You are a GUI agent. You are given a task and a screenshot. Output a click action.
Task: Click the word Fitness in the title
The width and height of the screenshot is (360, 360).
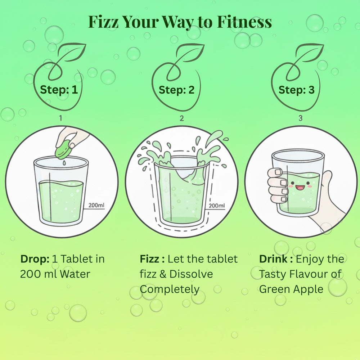(x=244, y=22)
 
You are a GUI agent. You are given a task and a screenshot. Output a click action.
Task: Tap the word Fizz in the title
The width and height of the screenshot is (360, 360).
(x=103, y=22)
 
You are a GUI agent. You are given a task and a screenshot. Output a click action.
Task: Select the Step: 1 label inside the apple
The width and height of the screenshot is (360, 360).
(x=59, y=90)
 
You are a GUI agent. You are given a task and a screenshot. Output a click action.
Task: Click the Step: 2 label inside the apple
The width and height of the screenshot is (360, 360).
(x=176, y=90)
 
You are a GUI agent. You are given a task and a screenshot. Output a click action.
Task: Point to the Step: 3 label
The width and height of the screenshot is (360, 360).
(x=296, y=90)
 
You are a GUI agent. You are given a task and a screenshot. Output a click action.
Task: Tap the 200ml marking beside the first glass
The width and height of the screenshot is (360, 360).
(x=96, y=205)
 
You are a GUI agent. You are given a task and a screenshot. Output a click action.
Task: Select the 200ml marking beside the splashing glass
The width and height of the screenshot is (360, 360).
(x=216, y=206)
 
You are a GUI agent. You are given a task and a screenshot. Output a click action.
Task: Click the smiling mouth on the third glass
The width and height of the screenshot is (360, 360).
(x=300, y=188)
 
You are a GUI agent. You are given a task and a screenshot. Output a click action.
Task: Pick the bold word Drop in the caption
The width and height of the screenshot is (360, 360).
(x=35, y=259)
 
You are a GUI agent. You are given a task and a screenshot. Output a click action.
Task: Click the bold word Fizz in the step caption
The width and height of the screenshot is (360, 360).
(x=149, y=259)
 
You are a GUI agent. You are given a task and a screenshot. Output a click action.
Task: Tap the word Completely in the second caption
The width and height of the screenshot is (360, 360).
(x=170, y=289)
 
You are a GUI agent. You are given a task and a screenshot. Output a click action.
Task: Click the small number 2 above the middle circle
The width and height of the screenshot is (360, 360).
(x=181, y=118)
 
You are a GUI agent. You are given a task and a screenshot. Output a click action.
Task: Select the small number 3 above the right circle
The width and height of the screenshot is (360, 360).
(x=300, y=118)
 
